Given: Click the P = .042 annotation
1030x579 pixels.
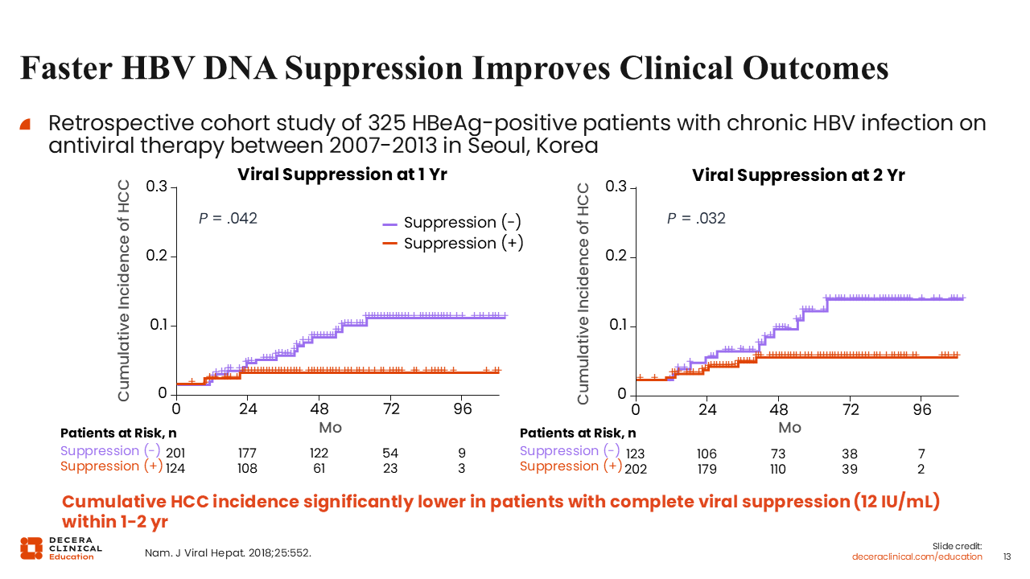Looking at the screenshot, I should tap(228, 218).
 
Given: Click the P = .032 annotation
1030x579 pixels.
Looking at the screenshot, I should tap(696, 218).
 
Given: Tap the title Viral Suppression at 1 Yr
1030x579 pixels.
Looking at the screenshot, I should tap(342, 175).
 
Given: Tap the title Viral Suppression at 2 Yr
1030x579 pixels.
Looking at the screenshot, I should tap(798, 175).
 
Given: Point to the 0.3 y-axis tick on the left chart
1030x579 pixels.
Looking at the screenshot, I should tap(157, 187).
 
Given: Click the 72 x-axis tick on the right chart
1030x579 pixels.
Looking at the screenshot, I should tap(851, 409).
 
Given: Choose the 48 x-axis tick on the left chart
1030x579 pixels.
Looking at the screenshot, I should tap(319, 409).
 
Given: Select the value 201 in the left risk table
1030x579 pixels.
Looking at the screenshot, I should tap(175, 454).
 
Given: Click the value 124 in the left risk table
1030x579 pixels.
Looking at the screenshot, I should tap(176, 469).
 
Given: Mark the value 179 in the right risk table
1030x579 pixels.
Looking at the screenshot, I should tap(707, 469).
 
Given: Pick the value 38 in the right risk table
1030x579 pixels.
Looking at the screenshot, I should tap(849, 454).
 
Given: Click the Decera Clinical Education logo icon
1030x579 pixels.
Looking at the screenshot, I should tap(32, 548).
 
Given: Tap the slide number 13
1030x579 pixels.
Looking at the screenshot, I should tap(1007, 556).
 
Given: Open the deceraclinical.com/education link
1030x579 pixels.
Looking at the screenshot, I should tap(917, 556).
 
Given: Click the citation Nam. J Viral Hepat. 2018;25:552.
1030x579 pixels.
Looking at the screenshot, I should tap(228, 553).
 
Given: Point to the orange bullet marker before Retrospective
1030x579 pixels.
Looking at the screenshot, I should tap(25, 124).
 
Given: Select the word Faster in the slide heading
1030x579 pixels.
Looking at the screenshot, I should tap(66, 68).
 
